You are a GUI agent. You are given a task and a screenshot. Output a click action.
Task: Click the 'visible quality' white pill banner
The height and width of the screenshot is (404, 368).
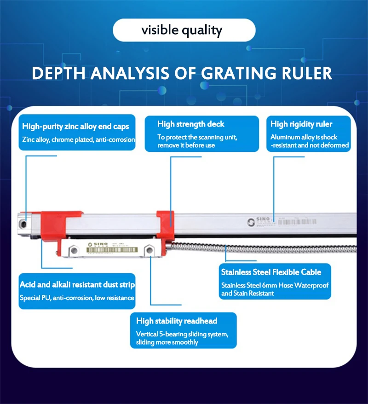[184, 31]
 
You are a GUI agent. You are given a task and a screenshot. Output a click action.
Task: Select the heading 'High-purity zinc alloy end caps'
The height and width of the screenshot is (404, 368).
[75, 126]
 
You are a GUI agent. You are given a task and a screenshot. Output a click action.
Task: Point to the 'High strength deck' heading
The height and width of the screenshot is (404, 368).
[191, 124]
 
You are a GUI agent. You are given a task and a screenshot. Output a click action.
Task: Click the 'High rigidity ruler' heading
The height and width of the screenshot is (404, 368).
[301, 124]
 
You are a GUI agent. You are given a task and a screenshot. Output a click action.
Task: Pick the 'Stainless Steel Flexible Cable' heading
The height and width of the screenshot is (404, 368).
[271, 272]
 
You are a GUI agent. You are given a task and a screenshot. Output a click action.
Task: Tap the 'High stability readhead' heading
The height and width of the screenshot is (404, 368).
[177, 321]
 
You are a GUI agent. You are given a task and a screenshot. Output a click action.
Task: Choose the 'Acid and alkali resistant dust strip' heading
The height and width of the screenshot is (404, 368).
[77, 285]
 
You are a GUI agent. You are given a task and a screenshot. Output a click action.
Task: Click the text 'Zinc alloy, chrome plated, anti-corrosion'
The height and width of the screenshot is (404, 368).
[78, 139]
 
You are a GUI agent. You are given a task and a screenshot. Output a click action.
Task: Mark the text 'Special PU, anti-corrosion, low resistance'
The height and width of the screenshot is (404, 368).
[77, 298]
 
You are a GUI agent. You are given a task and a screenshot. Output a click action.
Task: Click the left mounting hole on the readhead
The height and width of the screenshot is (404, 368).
[73, 250]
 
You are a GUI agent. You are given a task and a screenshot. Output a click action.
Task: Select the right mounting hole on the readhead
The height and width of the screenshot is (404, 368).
[149, 250]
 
